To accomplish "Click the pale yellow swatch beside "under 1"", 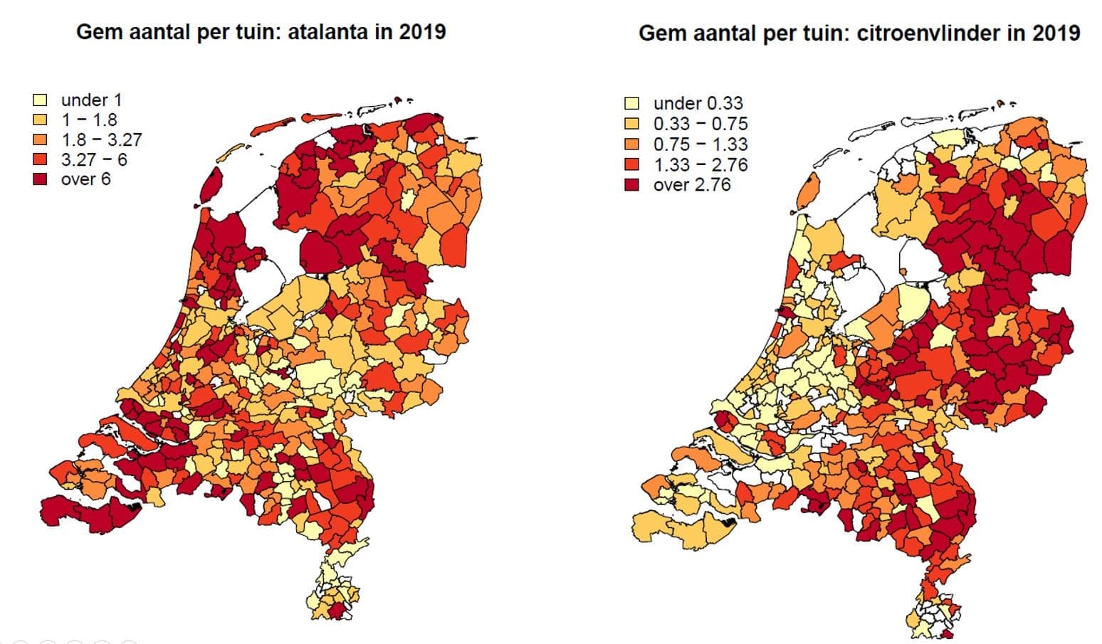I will (x=41, y=100).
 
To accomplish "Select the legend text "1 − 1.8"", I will (x=89, y=120).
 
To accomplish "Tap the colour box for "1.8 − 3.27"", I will (x=41, y=139).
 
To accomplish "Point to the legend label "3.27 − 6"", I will (x=94, y=159).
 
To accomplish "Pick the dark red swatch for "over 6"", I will (x=41, y=179).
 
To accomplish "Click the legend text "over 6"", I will (x=85, y=179).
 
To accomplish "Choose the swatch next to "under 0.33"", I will (x=631, y=104).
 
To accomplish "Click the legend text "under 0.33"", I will (x=698, y=104).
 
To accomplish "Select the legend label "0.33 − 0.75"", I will (x=700, y=124).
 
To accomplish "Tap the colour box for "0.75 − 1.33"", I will (x=631, y=144).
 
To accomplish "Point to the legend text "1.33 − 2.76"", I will (x=700, y=165).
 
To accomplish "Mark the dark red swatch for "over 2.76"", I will (x=631, y=185).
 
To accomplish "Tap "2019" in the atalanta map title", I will (x=421, y=32).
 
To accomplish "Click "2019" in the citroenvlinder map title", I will (x=1056, y=33).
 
